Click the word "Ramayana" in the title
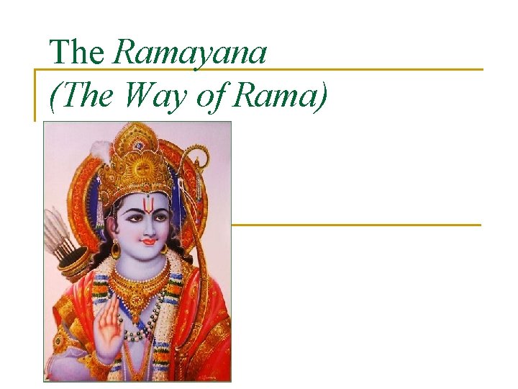190,53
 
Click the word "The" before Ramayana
77,52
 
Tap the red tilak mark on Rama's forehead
147,205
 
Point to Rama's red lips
148,242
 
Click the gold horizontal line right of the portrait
355,225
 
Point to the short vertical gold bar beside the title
35,94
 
